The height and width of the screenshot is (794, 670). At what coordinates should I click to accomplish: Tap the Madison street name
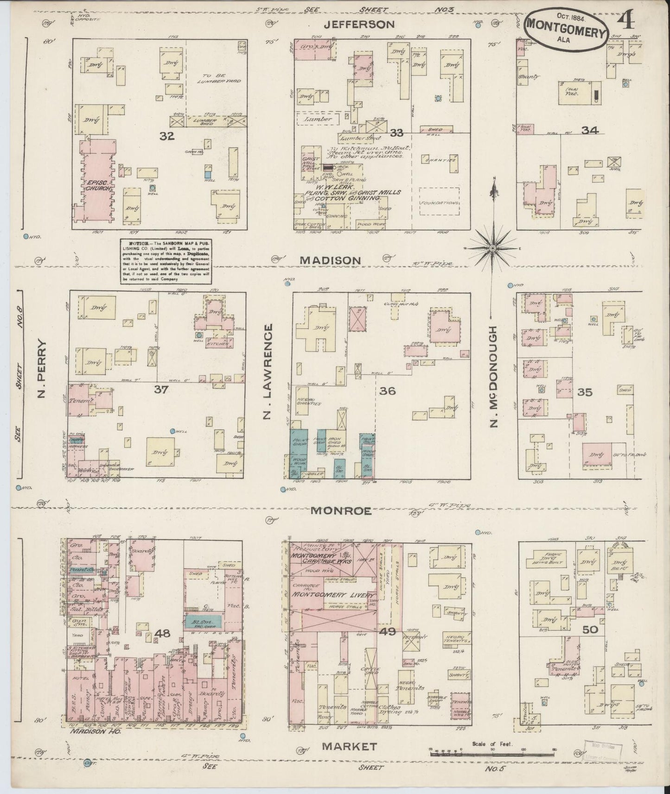(x=330, y=260)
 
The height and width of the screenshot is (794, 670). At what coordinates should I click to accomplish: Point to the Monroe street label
(x=341, y=511)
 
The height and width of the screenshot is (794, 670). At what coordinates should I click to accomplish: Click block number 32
(x=167, y=136)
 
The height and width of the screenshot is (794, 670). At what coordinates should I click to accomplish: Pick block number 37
(x=161, y=390)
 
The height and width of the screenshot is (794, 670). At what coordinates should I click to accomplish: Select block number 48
(x=163, y=633)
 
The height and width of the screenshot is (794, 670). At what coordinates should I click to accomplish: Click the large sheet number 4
(x=628, y=20)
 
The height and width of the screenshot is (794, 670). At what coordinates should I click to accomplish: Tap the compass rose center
(x=493, y=248)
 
